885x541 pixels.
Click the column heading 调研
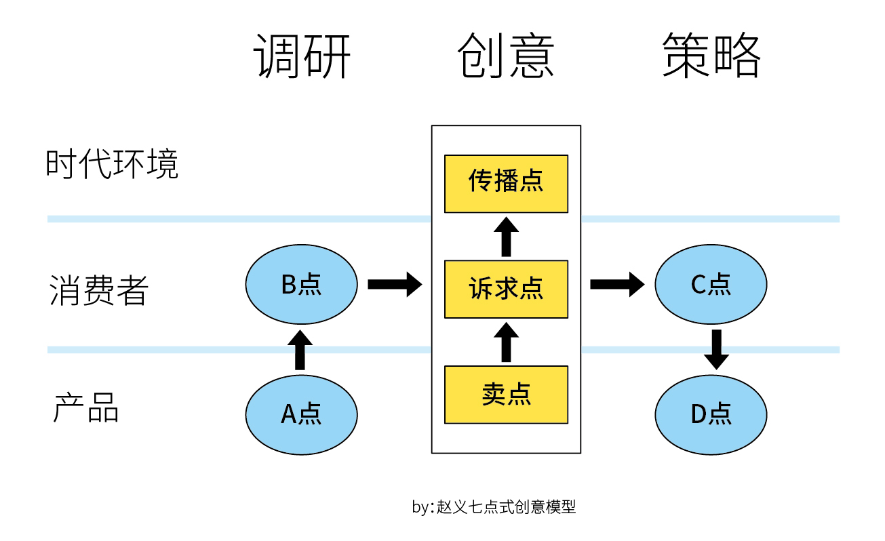click(302, 56)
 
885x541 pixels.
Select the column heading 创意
click(506, 56)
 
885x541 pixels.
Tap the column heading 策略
click(711, 56)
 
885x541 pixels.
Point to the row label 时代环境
click(112, 165)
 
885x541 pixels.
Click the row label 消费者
click(99, 289)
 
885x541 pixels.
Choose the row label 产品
click(86, 408)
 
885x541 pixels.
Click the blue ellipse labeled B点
click(301, 285)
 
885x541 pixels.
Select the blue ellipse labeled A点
click(301, 414)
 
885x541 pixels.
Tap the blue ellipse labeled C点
click(711, 285)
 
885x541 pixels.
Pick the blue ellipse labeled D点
click(711, 414)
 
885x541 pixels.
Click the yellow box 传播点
click(506, 183)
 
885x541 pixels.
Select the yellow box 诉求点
click(506, 289)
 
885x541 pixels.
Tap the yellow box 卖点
click(506, 395)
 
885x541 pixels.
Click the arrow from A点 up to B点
click(300, 349)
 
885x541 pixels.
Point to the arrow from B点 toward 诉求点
click(395, 284)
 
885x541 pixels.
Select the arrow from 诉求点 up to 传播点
click(505, 237)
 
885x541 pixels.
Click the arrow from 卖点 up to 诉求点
click(505, 342)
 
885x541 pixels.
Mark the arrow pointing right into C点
click(616, 284)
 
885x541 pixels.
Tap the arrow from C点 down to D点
click(716, 349)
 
